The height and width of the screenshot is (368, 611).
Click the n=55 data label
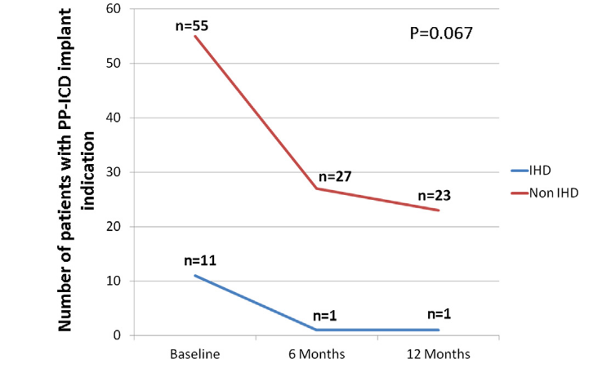[x=192, y=25]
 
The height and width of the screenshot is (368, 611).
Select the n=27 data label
[x=334, y=176]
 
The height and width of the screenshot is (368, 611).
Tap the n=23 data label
[x=435, y=196]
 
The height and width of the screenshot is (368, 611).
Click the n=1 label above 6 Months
[x=324, y=317]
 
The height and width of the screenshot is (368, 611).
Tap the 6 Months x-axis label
[x=316, y=354]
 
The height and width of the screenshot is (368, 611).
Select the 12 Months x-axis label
[x=439, y=354]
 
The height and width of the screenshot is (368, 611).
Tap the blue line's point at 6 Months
[x=316, y=330]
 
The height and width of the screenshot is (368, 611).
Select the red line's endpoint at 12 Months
[x=439, y=211]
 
